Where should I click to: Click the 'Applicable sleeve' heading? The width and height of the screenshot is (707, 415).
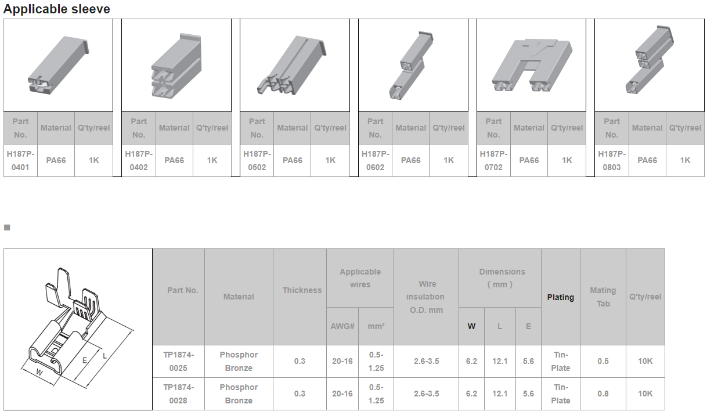(x=56, y=9)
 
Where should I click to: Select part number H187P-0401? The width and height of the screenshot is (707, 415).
(x=20, y=160)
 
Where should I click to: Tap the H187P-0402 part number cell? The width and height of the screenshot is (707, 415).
(x=139, y=160)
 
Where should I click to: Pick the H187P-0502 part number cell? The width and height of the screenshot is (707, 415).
(x=257, y=160)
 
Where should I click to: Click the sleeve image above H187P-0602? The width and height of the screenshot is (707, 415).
(x=411, y=66)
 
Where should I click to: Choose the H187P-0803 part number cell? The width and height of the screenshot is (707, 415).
(x=612, y=160)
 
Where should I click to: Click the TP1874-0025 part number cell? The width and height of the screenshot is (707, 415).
(x=178, y=362)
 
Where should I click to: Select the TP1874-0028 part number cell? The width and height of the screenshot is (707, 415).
(x=178, y=394)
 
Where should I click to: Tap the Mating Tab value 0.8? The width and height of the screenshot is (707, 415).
(x=603, y=394)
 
